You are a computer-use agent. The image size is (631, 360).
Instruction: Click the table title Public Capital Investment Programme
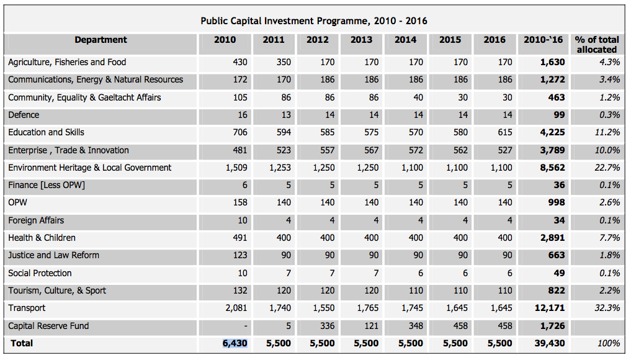pyautogui.click(x=314, y=21)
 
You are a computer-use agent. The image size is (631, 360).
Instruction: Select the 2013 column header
pyautogui.click(x=361, y=40)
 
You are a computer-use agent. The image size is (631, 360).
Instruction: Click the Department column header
pyautogui.click(x=101, y=40)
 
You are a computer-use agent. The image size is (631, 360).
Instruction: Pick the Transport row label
pyautogui.click(x=27, y=308)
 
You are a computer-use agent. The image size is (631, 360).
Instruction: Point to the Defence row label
pyautogui.click(x=24, y=115)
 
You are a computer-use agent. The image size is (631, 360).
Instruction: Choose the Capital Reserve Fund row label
pyautogui.click(x=48, y=326)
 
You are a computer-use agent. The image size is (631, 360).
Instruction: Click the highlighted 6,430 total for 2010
pyautogui.click(x=235, y=343)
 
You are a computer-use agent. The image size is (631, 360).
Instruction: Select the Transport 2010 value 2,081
pyautogui.click(x=236, y=308)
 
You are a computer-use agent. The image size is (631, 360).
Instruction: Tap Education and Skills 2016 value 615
pyautogui.click(x=505, y=132)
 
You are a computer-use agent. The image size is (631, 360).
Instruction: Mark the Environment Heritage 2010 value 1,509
pyautogui.click(x=236, y=168)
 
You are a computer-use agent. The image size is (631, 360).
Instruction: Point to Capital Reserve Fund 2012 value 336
pyautogui.click(x=326, y=326)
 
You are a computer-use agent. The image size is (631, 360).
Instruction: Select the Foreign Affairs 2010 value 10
pyautogui.click(x=242, y=220)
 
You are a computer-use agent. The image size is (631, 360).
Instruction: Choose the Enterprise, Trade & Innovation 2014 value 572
pyautogui.click(x=416, y=150)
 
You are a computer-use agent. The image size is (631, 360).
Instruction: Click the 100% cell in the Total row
pyautogui.click(x=609, y=343)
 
